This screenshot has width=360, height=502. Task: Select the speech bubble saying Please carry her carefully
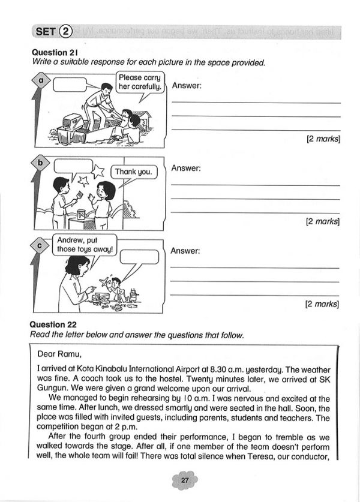click(x=140, y=82)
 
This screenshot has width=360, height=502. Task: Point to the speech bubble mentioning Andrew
click(x=85, y=246)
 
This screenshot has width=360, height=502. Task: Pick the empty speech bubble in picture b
click(x=72, y=166)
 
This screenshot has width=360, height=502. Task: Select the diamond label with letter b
click(x=41, y=163)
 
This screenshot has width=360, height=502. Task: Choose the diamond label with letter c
click(x=41, y=245)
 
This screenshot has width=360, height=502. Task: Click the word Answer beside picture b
click(x=186, y=169)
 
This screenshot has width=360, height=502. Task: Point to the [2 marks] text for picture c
click(x=323, y=304)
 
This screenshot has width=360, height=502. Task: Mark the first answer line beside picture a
click(x=256, y=103)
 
